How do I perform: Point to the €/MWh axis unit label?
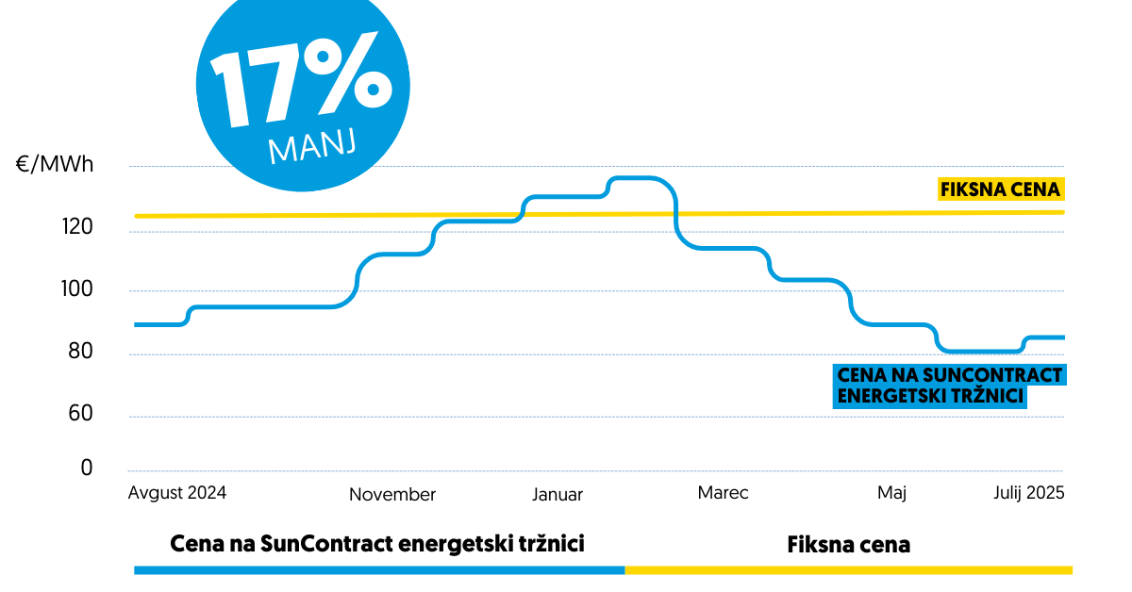(x=55, y=166)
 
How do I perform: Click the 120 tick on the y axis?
(x=78, y=227)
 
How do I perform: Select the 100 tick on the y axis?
(x=78, y=289)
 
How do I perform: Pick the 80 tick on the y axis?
(x=81, y=354)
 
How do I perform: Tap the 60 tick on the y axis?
(x=81, y=414)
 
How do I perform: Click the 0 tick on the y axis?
(x=87, y=468)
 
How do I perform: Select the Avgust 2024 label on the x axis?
(x=177, y=492)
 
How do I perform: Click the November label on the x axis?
(x=392, y=494)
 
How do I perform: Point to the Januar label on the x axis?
(x=558, y=494)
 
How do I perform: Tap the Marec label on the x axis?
(x=724, y=492)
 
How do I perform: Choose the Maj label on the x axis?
(x=891, y=493)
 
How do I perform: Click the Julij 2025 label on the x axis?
(x=1029, y=492)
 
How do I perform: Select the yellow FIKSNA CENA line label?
(x=1001, y=189)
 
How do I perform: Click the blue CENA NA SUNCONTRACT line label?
(x=950, y=386)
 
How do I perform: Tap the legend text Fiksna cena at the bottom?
(x=849, y=545)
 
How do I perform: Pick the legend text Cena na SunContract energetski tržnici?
(x=377, y=545)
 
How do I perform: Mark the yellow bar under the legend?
(x=849, y=569)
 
